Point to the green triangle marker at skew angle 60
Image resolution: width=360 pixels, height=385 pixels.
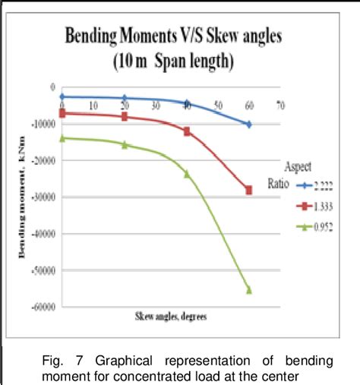pyautogui.click(x=248, y=289)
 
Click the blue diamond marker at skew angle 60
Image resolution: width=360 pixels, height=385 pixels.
pyautogui.click(x=248, y=124)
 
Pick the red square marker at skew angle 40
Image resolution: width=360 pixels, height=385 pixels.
pyautogui.click(x=187, y=131)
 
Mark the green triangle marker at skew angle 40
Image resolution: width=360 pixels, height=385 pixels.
pyautogui.click(x=187, y=174)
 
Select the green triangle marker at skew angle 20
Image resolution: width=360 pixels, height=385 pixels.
pyautogui.click(x=125, y=144)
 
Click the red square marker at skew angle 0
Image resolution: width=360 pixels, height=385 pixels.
pyautogui.click(x=63, y=113)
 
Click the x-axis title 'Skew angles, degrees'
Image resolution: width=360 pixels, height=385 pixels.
pyautogui.click(x=172, y=314)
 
